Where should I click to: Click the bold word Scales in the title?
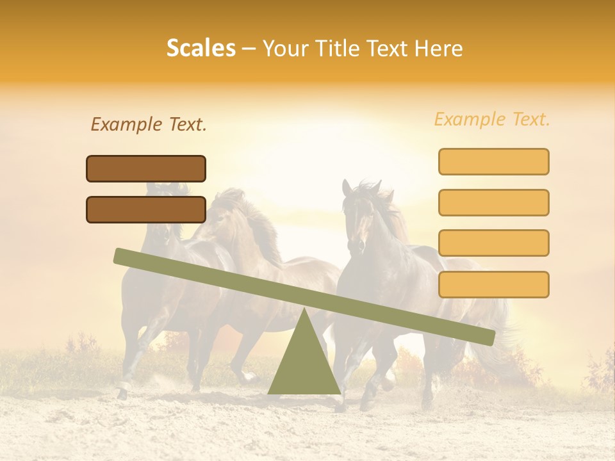coord(201,48)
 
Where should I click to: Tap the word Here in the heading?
coord(438,49)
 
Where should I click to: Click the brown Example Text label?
coord(149,125)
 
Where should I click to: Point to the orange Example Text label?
coord(492,119)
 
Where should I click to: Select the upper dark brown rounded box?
coord(146,168)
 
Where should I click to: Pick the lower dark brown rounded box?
coord(146,209)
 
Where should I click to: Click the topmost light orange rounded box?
coord(493,161)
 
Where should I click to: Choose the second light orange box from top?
coord(493,202)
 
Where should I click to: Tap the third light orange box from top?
coord(493,243)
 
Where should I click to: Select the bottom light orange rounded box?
coord(493,284)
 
